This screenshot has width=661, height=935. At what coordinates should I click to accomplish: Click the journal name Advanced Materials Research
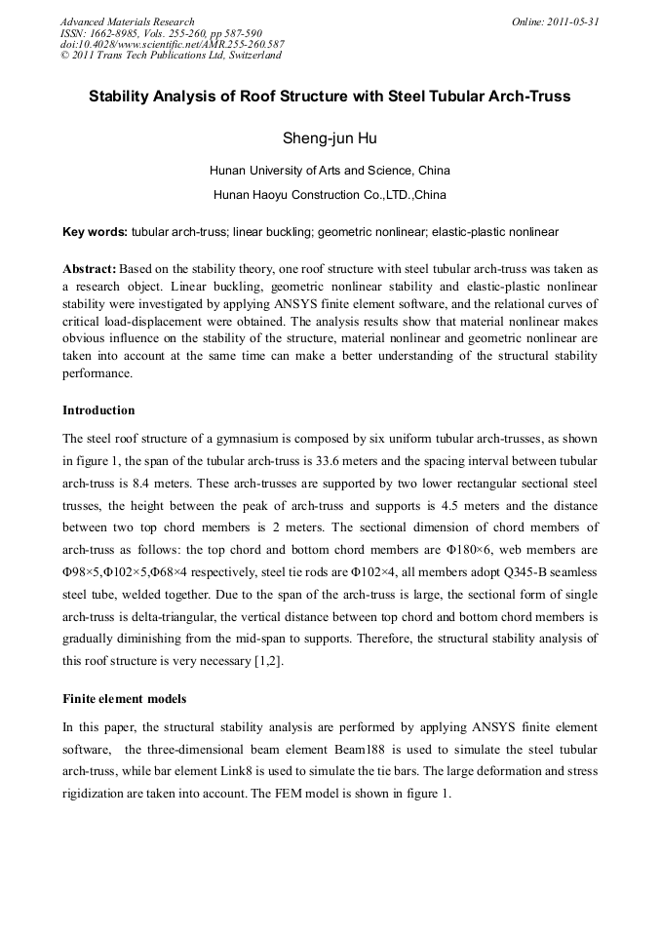[x=127, y=21]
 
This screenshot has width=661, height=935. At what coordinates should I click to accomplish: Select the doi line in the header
[x=172, y=44]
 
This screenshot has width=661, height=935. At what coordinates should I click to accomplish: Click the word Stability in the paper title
[x=124, y=97]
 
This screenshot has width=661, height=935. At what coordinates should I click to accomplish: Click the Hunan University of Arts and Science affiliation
[x=330, y=171]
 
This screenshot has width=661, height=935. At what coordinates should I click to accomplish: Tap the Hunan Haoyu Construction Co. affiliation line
[x=330, y=195]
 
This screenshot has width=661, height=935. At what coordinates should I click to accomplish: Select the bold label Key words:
[x=95, y=232]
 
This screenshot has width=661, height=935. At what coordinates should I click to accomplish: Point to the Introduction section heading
[x=98, y=409]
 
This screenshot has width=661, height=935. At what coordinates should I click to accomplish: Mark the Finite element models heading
[x=123, y=700]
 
